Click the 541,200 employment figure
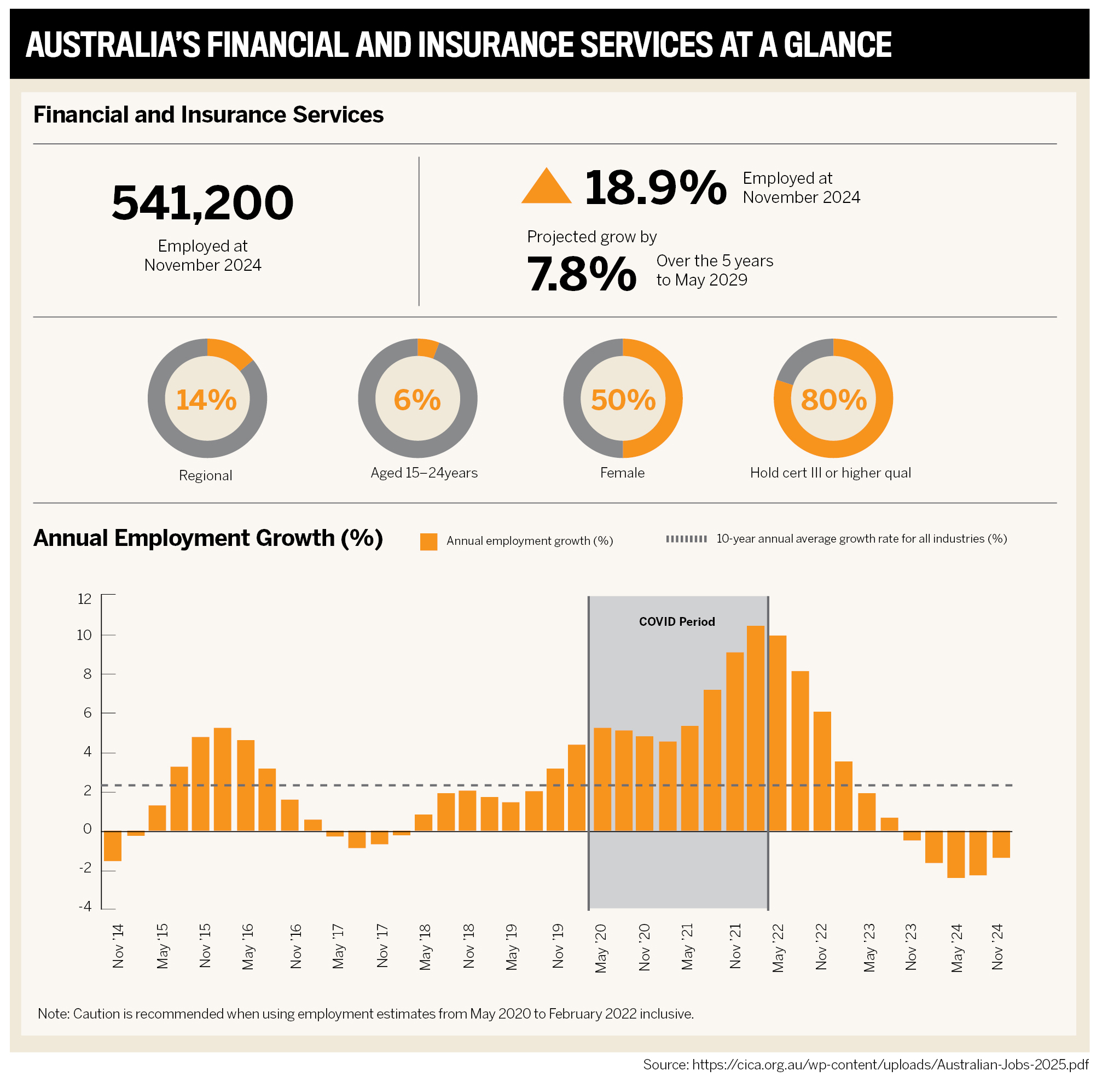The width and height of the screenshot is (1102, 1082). (x=202, y=203)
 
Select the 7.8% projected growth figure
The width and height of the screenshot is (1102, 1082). (x=582, y=275)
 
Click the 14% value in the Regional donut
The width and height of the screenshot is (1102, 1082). (x=206, y=399)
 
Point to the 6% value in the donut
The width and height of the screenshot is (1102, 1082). (x=417, y=399)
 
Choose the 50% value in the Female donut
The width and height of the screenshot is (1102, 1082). (x=623, y=399)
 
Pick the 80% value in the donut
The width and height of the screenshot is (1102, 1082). (x=834, y=399)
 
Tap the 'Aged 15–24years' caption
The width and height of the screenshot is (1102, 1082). (x=424, y=473)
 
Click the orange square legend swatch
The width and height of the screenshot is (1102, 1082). (x=428, y=542)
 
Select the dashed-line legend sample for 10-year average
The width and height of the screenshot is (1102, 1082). (x=687, y=539)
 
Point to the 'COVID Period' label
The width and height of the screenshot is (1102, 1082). (x=676, y=622)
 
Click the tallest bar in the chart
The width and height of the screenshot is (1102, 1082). (x=755, y=729)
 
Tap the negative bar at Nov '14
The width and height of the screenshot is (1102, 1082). (x=113, y=846)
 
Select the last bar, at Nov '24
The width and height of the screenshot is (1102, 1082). (x=1001, y=845)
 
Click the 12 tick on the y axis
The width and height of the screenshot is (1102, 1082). (x=84, y=599)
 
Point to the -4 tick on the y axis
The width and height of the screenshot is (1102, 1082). (x=85, y=906)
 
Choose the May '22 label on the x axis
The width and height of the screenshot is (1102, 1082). (x=778, y=948)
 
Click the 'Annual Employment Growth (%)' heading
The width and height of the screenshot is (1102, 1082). (x=208, y=538)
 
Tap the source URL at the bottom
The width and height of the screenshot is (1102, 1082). (x=866, y=1064)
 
